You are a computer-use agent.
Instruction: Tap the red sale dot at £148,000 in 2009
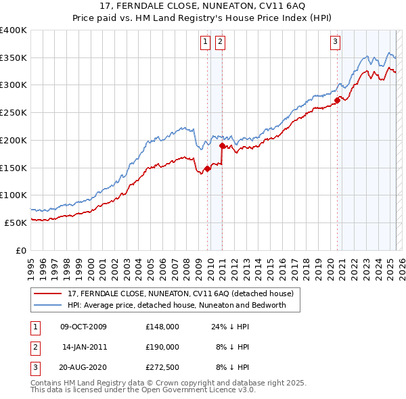(207, 169)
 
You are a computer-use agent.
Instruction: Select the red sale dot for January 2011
(222, 145)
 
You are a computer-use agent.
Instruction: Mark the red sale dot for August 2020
(336, 101)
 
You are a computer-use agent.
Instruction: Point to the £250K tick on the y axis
(14, 112)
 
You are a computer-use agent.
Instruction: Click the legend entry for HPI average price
(177, 305)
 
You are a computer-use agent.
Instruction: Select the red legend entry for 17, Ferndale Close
(180, 294)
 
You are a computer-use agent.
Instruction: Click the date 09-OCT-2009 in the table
(83, 327)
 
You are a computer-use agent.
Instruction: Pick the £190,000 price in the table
(162, 347)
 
